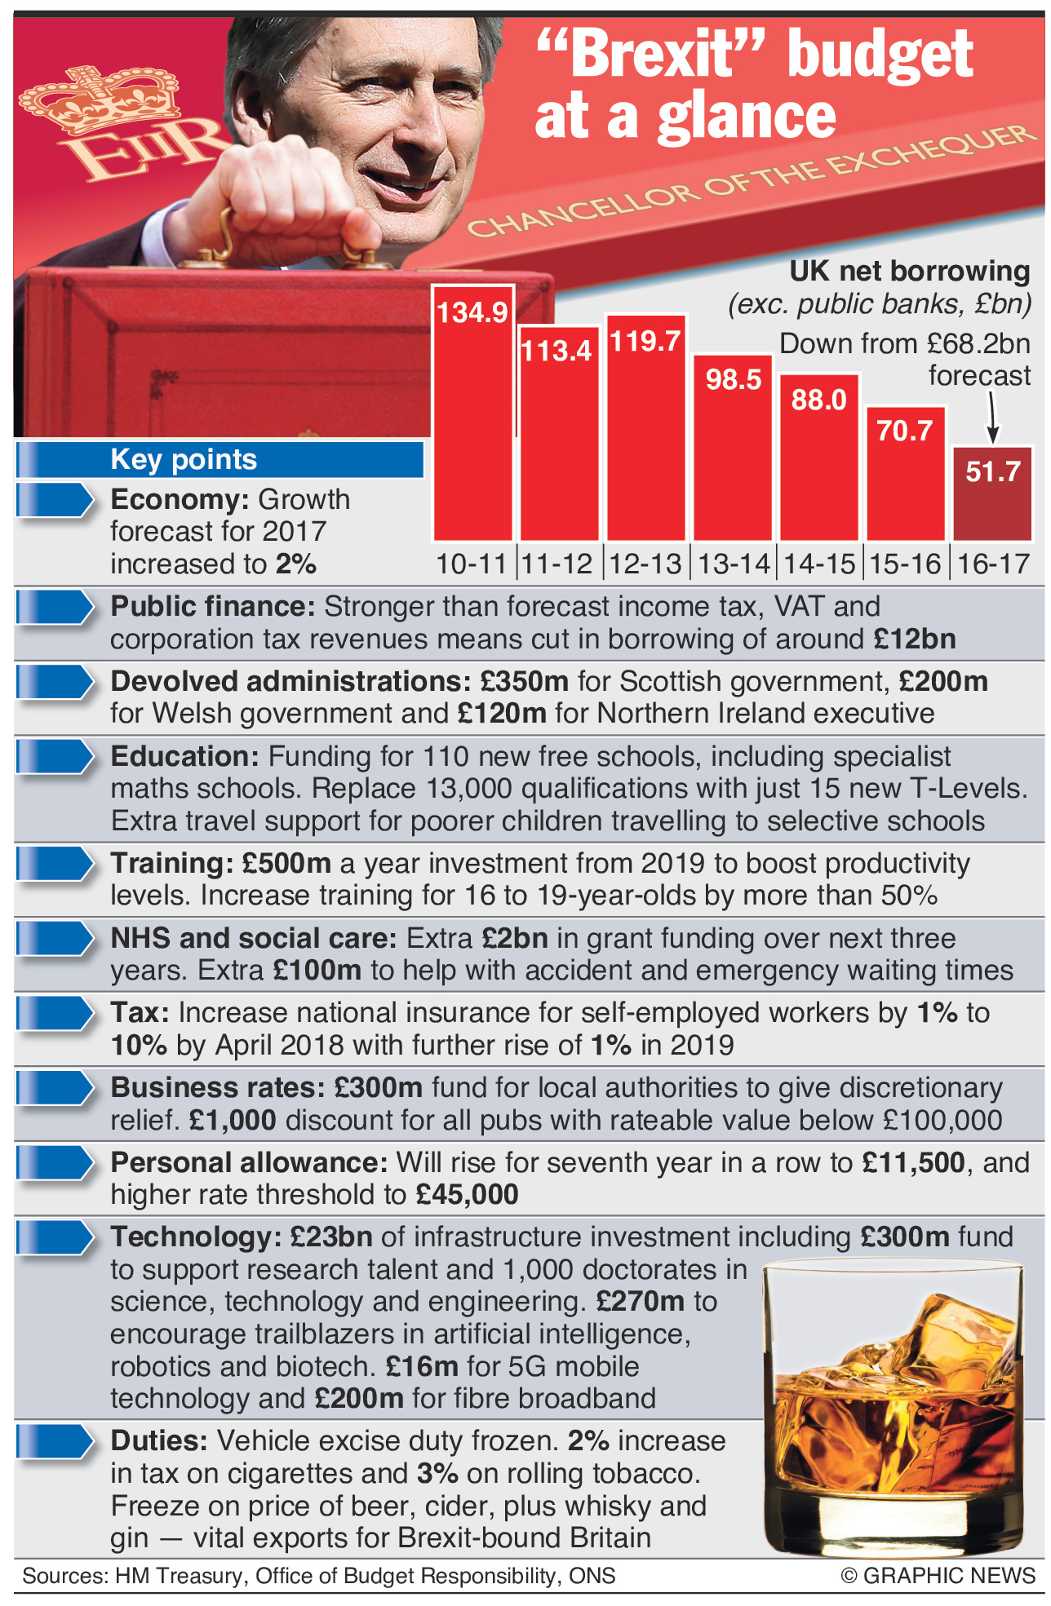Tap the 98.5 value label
(x=733, y=380)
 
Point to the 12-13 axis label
(x=645, y=564)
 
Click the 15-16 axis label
(x=905, y=564)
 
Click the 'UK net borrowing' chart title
(x=909, y=271)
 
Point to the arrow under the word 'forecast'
(x=992, y=418)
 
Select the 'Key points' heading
(x=184, y=459)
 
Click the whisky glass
(x=891, y=1403)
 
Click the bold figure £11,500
(x=913, y=1162)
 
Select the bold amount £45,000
(x=467, y=1195)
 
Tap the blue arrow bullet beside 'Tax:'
(x=55, y=1013)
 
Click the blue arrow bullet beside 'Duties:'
(x=55, y=1441)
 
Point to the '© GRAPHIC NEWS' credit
(x=938, y=1575)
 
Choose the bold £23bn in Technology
(x=331, y=1237)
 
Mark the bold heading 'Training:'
(x=172, y=863)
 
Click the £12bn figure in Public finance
(x=914, y=639)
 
